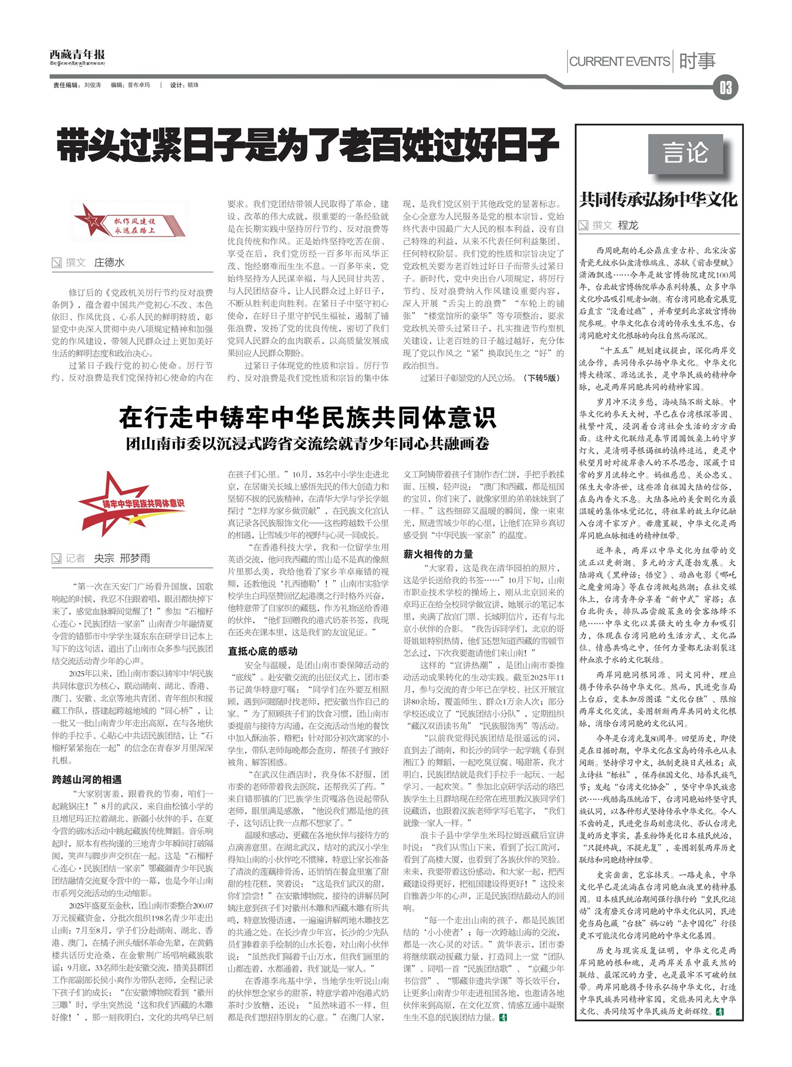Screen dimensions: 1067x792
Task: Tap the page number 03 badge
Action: [725, 88]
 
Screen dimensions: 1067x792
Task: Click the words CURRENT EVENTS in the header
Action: [620, 62]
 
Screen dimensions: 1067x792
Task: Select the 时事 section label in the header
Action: [698, 61]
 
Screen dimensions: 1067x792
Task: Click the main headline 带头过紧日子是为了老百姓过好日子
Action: [307, 146]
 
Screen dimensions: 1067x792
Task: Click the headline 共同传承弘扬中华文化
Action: [658, 199]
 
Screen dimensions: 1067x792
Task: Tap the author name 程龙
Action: [628, 225]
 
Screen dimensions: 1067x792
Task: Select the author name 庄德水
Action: [109, 262]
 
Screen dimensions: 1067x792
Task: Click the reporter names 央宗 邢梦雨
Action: [122, 558]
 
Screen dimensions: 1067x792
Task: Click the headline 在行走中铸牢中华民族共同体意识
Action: [307, 418]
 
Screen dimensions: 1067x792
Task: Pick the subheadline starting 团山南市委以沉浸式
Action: [307, 443]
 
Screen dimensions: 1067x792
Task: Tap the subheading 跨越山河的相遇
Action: [87, 780]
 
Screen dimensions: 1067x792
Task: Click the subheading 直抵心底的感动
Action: [262, 651]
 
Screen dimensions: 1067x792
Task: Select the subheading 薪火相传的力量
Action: [438, 554]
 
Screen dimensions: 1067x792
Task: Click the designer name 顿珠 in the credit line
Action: [193, 85]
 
